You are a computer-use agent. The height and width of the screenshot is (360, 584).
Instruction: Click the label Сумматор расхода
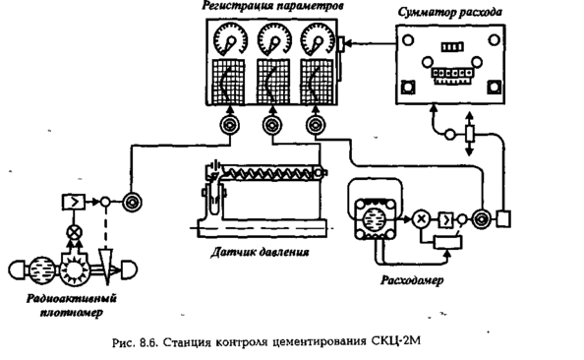(x=450, y=13)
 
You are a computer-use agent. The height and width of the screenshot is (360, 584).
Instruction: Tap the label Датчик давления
(x=260, y=253)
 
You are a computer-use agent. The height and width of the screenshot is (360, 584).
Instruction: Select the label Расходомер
(x=412, y=280)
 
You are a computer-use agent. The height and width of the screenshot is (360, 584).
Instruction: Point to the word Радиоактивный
(x=72, y=299)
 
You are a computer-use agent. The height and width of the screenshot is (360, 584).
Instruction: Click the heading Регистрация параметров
(x=272, y=6)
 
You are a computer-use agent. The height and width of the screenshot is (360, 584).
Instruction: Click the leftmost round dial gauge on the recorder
(x=231, y=38)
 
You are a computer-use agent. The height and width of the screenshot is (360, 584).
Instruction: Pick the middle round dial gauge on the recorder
(x=274, y=38)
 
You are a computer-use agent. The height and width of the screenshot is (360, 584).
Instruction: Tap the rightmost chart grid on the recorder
(x=317, y=82)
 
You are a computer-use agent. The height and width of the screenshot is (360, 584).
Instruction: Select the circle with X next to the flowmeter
(x=421, y=218)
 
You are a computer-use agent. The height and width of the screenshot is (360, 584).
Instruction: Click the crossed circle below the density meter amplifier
(x=74, y=233)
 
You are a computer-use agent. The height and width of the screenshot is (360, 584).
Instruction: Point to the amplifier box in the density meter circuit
(x=74, y=203)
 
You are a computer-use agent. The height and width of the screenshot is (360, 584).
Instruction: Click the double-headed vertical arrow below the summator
(x=470, y=134)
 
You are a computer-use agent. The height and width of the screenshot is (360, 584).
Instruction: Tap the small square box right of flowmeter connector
(x=503, y=218)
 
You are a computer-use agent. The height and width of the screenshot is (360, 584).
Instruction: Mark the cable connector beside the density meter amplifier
(x=132, y=203)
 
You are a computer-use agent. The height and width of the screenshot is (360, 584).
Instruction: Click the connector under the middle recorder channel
(x=272, y=125)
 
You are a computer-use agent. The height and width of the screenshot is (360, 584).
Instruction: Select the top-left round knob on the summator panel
(x=408, y=40)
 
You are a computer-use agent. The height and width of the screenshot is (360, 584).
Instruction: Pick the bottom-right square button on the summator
(x=494, y=87)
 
